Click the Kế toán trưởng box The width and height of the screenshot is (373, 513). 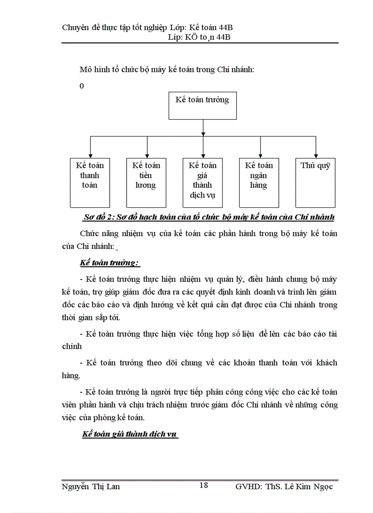click(202, 106)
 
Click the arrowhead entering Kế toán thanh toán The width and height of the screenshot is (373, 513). click(90, 155)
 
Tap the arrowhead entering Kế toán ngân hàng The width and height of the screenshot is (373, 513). click(260, 155)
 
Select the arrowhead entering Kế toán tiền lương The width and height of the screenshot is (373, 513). click(147, 155)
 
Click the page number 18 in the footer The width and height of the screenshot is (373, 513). click(203, 485)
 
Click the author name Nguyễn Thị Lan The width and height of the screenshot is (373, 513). click(91, 487)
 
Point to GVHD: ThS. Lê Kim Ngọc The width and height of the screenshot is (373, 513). click(284, 487)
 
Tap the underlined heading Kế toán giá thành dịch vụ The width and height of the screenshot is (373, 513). click(130, 434)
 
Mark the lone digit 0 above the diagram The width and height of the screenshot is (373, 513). click(82, 86)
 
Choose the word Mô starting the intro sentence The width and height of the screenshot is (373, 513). click(85, 70)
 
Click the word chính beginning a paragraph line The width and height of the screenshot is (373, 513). click(71, 346)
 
